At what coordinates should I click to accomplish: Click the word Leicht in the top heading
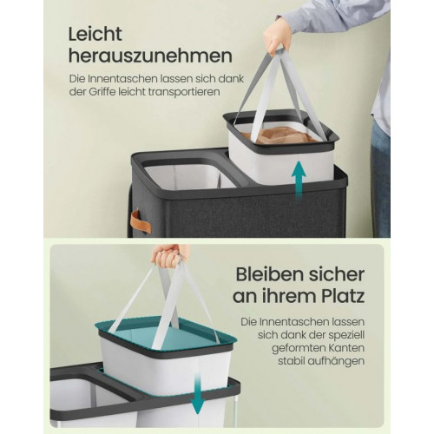tap(95, 35)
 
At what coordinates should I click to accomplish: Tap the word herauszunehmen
tap(150, 56)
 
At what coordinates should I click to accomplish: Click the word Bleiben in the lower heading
tap(270, 274)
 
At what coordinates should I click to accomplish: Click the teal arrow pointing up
tap(299, 181)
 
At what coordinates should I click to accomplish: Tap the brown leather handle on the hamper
tap(141, 222)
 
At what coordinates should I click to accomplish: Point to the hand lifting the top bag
tap(276, 36)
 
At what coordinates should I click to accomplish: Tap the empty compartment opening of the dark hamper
tap(189, 175)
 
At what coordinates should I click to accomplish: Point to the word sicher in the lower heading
tap(337, 274)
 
